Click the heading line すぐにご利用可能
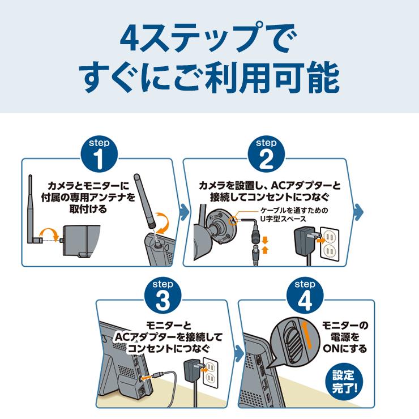click(209, 79)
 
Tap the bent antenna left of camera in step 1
click(34, 215)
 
